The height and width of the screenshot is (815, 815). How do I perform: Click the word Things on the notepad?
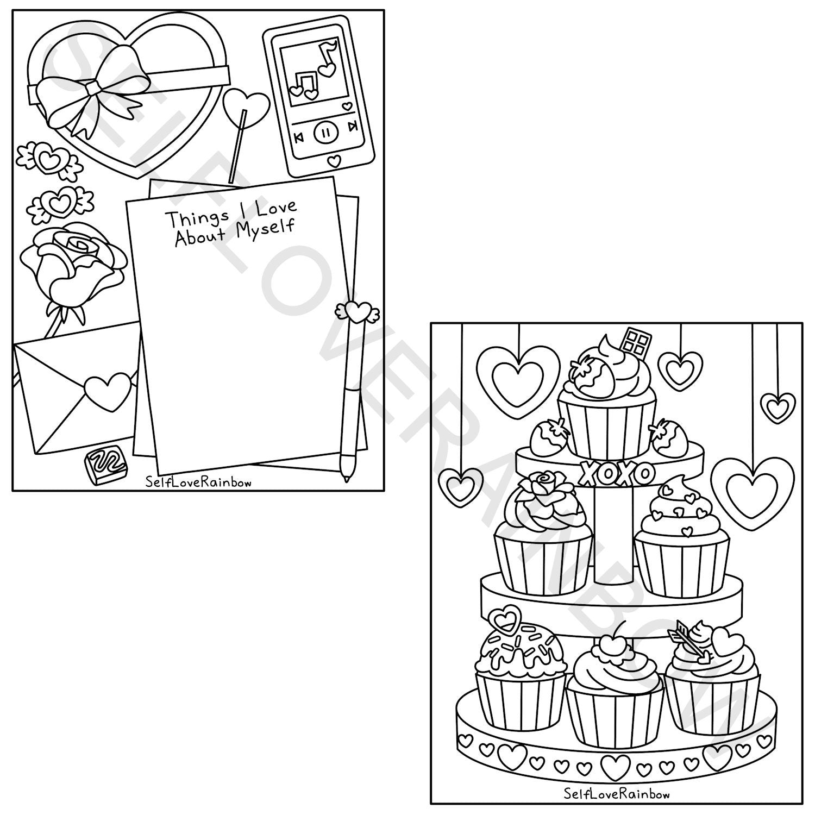pos(197,218)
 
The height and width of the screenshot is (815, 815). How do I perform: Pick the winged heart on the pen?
pos(357,311)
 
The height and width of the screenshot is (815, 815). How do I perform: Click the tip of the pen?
pos(346,480)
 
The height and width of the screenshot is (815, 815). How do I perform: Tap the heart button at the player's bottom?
pos(335,161)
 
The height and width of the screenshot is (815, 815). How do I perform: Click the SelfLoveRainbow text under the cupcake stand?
pos(616,794)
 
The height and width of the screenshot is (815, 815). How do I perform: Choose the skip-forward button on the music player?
pos(353,127)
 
